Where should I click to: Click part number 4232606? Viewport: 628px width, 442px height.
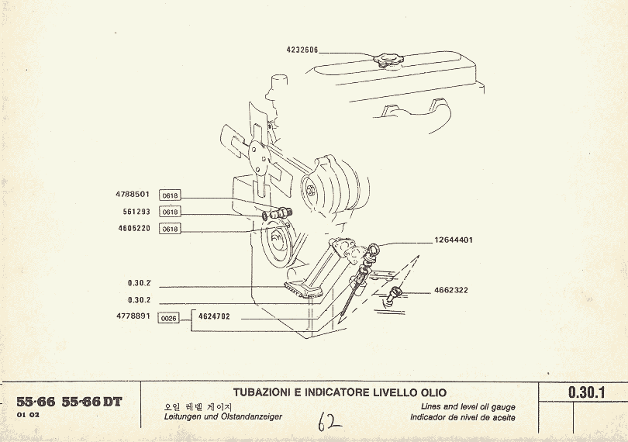pyautogui.click(x=302, y=49)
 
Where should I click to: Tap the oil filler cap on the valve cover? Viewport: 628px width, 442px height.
pyautogui.click(x=385, y=59)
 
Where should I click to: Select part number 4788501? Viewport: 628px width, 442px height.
pyautogui.click(x=133, y=195)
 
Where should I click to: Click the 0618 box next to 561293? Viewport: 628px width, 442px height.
pyautogui.click(x=170, y=212)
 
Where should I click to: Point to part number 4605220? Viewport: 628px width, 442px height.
pyautogui.click(x=133, y=228)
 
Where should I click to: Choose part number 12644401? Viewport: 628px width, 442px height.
pyautogui.click(x=454, y=240)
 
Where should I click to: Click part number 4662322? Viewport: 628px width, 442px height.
pyautogui.click(x=450, y=291)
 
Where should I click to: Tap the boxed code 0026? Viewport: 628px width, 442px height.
pyautogui.click(x=169, y=318)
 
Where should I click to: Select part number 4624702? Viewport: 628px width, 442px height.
pyautogui.click(x=214, y=317)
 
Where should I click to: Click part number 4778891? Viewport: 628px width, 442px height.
pyautogui.click(x=133, y=317)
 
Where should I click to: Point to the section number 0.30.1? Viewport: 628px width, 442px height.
pyautogui.click(x=587, y=392)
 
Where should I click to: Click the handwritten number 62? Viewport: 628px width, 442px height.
pyautogui.click(x=330, y=422)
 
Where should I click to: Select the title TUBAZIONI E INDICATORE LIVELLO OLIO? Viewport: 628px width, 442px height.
pyautogui.click(x=340, y=393)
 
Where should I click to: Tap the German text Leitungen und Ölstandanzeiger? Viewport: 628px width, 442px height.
pyautogui.click(x=223, y=417)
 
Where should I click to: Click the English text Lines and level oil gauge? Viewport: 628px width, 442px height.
pyautogui.click(x=468, y=407)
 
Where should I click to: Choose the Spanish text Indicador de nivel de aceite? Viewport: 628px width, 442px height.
pyautogui.click(x=463, y=418)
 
